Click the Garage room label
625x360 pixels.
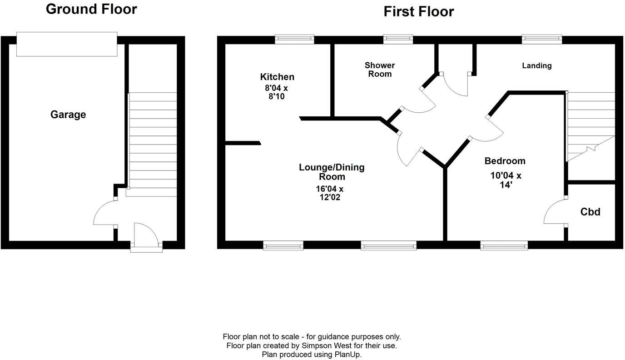(x=68, y=115)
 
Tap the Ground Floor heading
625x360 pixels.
(x=91, y=9)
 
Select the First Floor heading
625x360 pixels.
(x=418, y=11)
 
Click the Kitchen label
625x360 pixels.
(x=277, y=77)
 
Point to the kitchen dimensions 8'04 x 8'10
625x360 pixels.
(x=277, y=92)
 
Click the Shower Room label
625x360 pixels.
(x=380, y=70)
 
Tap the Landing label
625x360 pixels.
(x=536, y=65)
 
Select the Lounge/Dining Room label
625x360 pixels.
(x=332, y=172)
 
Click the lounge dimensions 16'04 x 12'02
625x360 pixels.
(x=330, y=193)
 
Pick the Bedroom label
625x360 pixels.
(x=505, y=161)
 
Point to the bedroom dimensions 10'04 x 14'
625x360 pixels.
(x=506, y=180)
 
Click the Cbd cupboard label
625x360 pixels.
(x=590, y=212)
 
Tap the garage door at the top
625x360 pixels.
(x=67, y=44)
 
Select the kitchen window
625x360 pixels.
(x=294, y=40)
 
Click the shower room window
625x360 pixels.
(x=398, y=40)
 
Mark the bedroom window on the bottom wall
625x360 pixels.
(x=504, y=245)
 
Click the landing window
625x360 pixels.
(x=542, y=40)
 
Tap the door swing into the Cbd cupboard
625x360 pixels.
(x=555, y=212)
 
